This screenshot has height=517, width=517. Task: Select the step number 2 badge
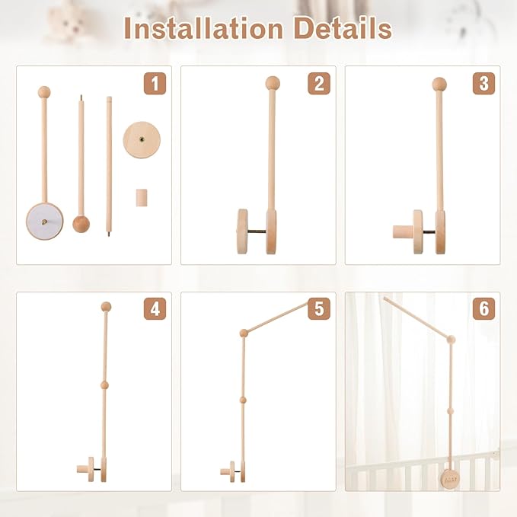[319, 84]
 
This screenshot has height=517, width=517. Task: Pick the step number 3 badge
[483, 84]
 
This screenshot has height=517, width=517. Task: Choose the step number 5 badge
[319, 309]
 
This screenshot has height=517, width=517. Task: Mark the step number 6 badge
[483, 309]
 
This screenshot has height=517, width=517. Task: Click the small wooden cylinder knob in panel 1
[140, 198]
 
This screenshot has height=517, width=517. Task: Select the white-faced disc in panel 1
[45, 222]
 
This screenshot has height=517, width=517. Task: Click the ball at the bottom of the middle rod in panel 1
[81, 224]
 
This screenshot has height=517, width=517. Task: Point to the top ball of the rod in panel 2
[273, 83]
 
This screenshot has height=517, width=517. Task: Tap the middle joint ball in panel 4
[106, 386]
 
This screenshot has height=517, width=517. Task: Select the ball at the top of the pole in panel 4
[106, 307]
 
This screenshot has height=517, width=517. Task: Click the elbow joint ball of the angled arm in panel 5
[244, 333]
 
